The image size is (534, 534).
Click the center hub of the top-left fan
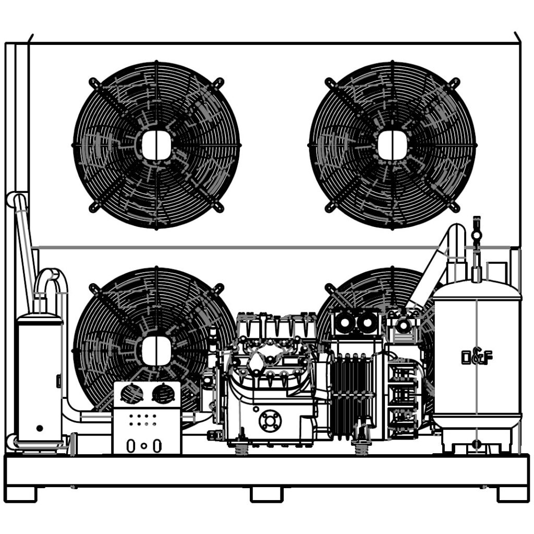click(x=156, y=145)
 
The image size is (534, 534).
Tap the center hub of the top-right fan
click(x=392, y=145)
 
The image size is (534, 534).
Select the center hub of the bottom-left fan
click(x=156, y=351)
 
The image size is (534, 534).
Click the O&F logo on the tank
click(x=477, y=357)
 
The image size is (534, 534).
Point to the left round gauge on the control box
click(x=132, y=394)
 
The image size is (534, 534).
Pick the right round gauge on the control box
click(x=163, y=394)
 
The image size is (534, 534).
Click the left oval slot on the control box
click(x=130, y=446)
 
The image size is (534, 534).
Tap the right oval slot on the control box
click(x=157, y=446)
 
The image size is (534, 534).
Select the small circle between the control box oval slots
click(x=144, y=446)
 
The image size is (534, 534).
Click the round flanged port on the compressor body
click(x=270, y=421)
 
